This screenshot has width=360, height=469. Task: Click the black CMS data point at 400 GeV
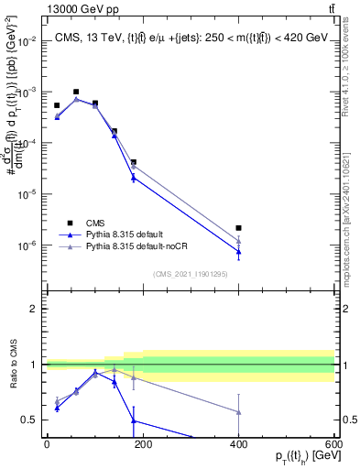coord(238,228)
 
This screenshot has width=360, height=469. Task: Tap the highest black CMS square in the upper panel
coord(76,93)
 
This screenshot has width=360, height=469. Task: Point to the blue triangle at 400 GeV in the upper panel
coord(238,251)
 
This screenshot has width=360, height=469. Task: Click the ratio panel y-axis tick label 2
coord(34,309)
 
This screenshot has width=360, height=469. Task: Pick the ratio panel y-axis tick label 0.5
coord(30,420)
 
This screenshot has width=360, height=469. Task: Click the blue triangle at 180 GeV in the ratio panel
coord(133,420)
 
